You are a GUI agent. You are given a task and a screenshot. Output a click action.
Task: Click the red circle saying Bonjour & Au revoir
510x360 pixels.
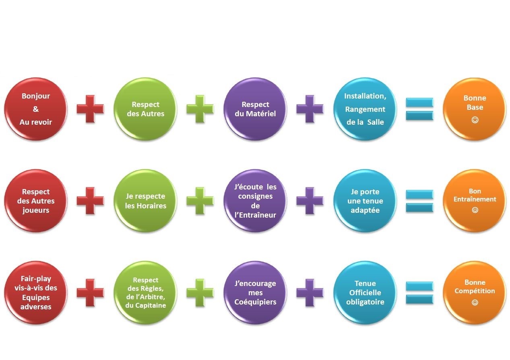36,109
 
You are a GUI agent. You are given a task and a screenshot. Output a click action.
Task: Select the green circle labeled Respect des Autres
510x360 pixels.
145,109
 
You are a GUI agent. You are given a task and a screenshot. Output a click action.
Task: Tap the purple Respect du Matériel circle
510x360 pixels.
255,109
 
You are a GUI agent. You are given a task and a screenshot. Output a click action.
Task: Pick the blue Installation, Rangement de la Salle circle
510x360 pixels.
365,109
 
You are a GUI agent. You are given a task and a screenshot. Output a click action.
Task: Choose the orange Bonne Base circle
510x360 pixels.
475,109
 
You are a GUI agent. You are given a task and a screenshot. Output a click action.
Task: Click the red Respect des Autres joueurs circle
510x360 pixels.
36,201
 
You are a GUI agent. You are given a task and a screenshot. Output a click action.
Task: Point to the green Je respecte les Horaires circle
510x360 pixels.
145,201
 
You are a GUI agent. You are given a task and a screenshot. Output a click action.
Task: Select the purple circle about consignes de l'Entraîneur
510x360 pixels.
255,201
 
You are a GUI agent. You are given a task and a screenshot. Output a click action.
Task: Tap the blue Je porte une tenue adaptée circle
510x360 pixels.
365,201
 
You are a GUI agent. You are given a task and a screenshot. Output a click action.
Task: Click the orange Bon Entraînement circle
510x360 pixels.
475,201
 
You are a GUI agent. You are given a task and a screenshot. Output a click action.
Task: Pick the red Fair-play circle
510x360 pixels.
36,293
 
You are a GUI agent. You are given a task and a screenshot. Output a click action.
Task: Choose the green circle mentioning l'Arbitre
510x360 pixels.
145,293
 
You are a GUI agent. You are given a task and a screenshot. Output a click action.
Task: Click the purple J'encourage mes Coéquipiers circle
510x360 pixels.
255,293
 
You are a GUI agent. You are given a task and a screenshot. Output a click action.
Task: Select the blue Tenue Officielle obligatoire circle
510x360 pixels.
365,293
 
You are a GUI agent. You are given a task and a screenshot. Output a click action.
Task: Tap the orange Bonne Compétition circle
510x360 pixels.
475,293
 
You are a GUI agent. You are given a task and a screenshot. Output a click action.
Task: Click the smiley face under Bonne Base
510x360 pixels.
475,120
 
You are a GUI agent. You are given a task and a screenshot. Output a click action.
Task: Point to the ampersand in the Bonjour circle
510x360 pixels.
36,109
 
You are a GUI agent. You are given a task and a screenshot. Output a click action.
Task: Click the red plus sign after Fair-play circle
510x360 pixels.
90,293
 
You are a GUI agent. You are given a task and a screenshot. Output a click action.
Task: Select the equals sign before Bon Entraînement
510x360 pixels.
419,201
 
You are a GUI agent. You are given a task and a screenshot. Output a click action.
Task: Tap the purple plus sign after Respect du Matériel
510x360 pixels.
310,109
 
